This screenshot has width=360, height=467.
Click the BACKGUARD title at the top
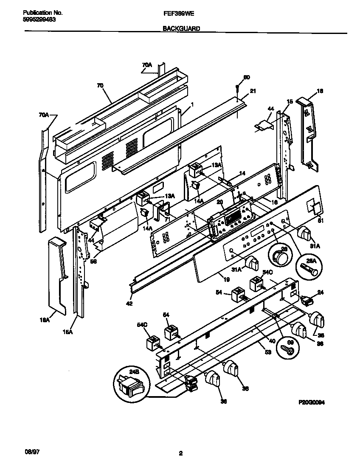point(180,29)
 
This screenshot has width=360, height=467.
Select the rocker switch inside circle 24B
point(132,385)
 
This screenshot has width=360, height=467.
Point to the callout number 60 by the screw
point(246,77)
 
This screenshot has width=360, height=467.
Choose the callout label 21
point(253,90)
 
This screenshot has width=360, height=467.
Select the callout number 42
point(129,303)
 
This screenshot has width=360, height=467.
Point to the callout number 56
point(93,262)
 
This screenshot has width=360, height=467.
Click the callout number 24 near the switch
point(320,292)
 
